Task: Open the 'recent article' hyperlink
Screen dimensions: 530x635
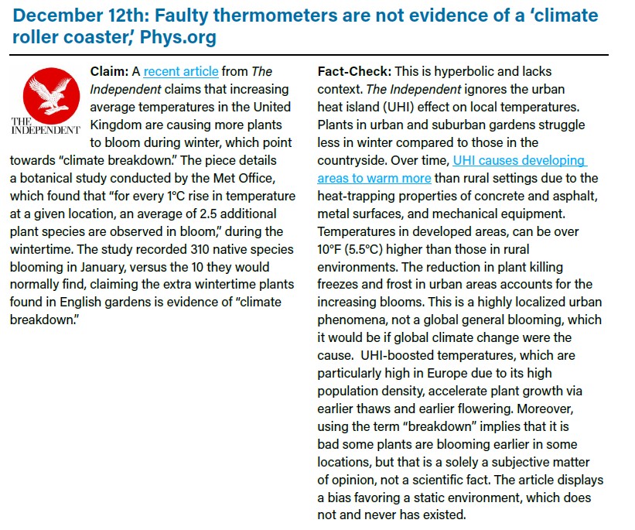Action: [181, 71]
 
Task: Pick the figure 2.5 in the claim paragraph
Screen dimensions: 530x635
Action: [211, 213]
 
